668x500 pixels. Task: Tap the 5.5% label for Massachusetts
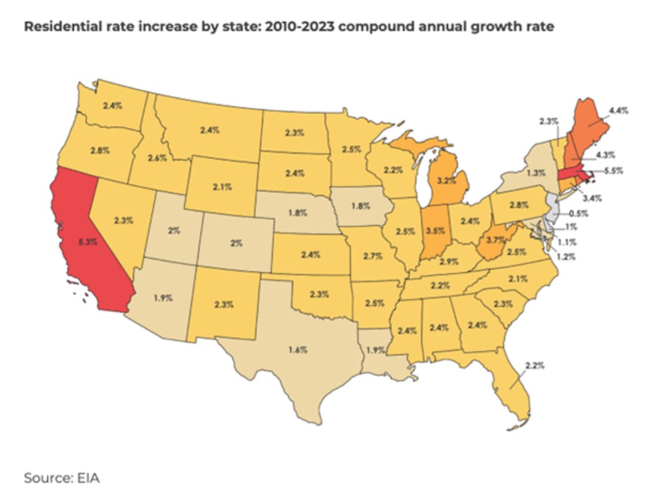coord(613,170)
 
